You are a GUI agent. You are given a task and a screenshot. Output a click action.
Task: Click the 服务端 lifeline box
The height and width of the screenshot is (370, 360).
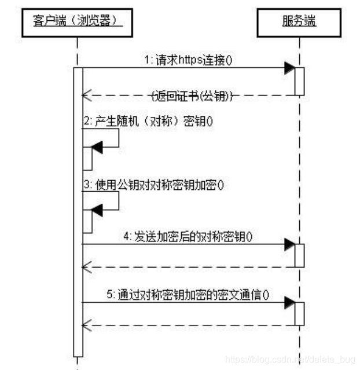click(299, 21)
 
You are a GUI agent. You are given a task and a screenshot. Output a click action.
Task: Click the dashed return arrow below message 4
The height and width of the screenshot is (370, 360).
click(191, 267)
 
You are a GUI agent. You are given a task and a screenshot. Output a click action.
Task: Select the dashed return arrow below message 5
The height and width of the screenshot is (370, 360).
click(191, 325)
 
